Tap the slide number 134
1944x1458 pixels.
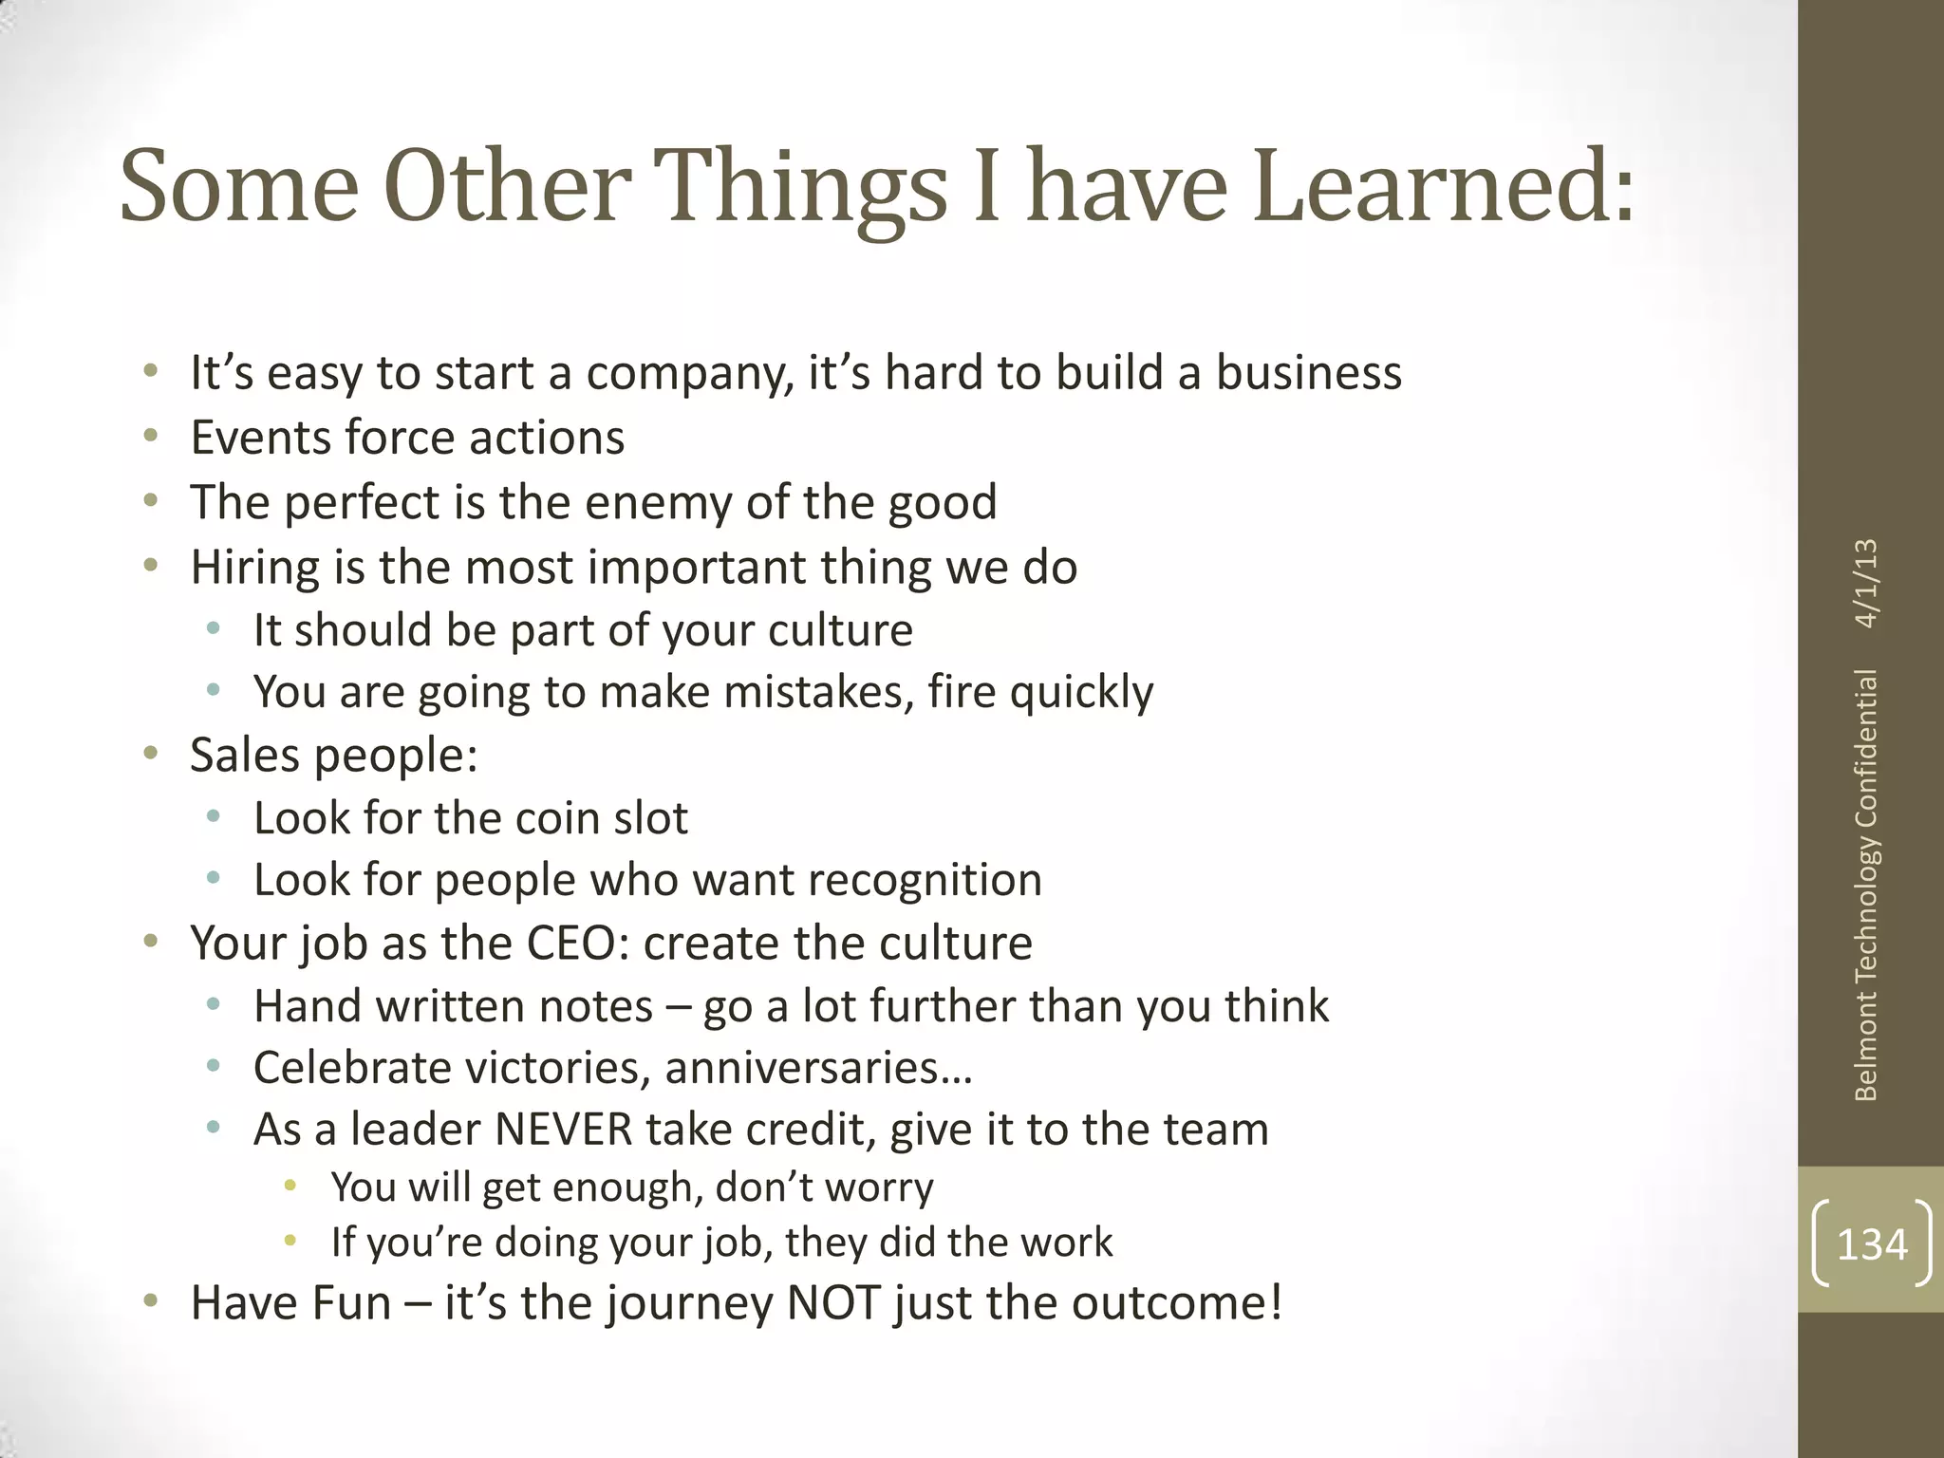click(1872, 1243)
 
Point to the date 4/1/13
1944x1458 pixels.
click(1866, 583)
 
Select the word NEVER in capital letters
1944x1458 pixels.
click(563, 1130)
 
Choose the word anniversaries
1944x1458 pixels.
click(817, 1068)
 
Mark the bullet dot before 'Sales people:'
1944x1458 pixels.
click(150, 755)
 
